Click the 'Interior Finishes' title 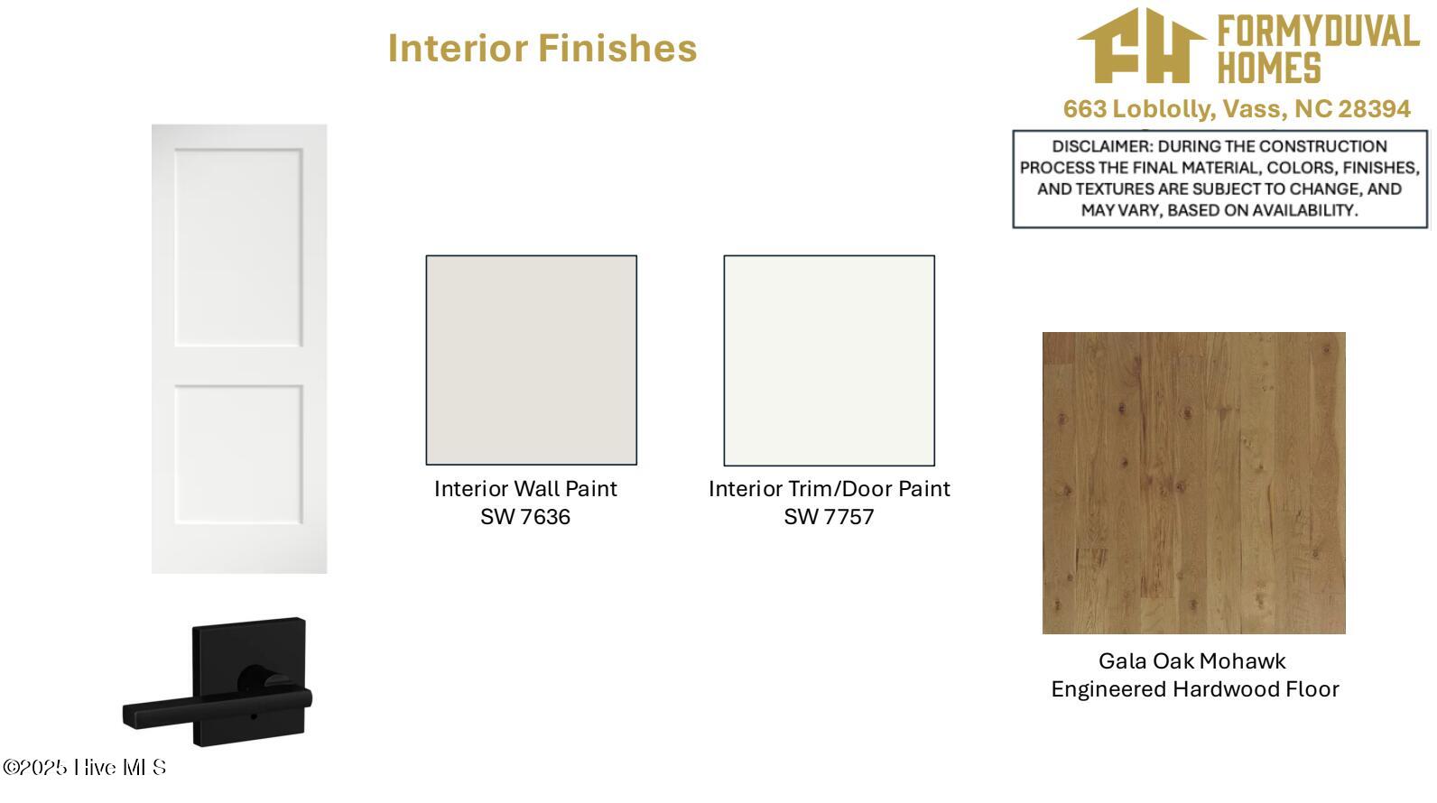(x=542, y=48)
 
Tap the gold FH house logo (x=1142, y=46)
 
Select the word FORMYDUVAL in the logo (x=1319, y=32)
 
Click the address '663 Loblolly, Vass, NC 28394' (x=1237, y=109)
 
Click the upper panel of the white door (x=238, y=247)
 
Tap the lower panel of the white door (x=238, y=454)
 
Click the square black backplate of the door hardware (x=249, y=681)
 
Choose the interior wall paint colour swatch (x=531, y=360)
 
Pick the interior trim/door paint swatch (x=829, y=360)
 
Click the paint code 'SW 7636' (x=525, y=517)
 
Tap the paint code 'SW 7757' (x=829, y=517)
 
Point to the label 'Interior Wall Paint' (x=525, y=489)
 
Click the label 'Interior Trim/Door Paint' (x=829, y=489)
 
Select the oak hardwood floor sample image (x=1194, y=483)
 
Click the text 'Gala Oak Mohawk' (x=1192, y=661)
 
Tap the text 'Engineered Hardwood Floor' (x=1195, y=689)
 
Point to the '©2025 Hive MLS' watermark (x=85, y=767)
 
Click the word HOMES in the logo (x=1269, y=68)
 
